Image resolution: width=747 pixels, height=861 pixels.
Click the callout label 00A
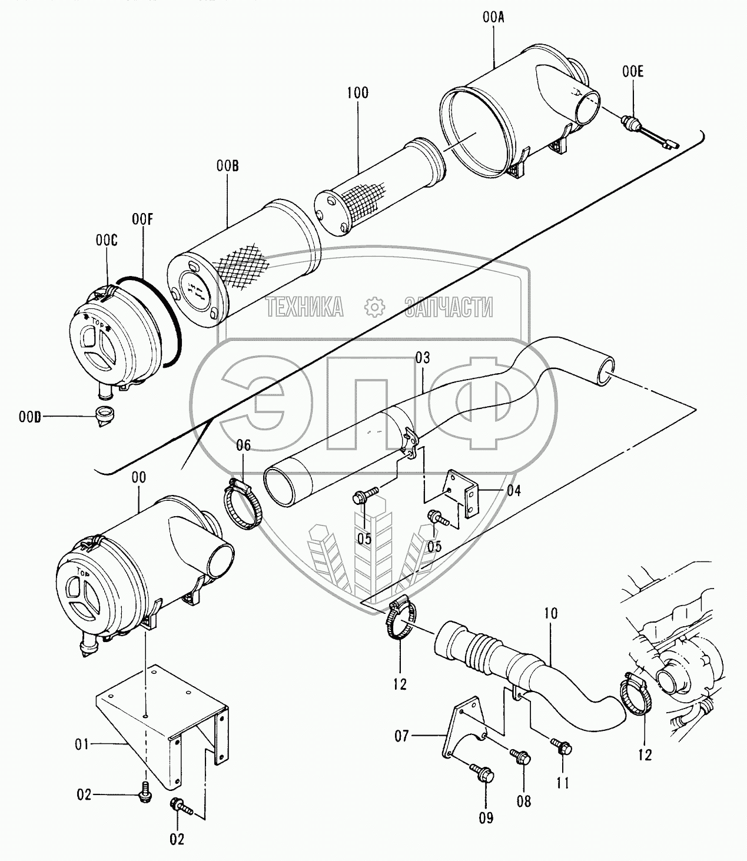[x=493, y=18]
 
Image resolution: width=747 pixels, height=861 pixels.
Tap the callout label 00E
[x=633, y=72]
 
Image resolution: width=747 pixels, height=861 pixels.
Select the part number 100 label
[x=357, y=92]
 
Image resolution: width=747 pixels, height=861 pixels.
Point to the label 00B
[x=227, y=167]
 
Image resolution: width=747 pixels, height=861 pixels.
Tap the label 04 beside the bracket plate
[x=513, y=490]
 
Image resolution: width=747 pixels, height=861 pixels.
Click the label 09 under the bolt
[x=486, y=817]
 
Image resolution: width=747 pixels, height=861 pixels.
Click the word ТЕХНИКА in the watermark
[x=304, y=307]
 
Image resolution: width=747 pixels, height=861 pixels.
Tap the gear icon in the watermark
[x=373, y=307]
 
